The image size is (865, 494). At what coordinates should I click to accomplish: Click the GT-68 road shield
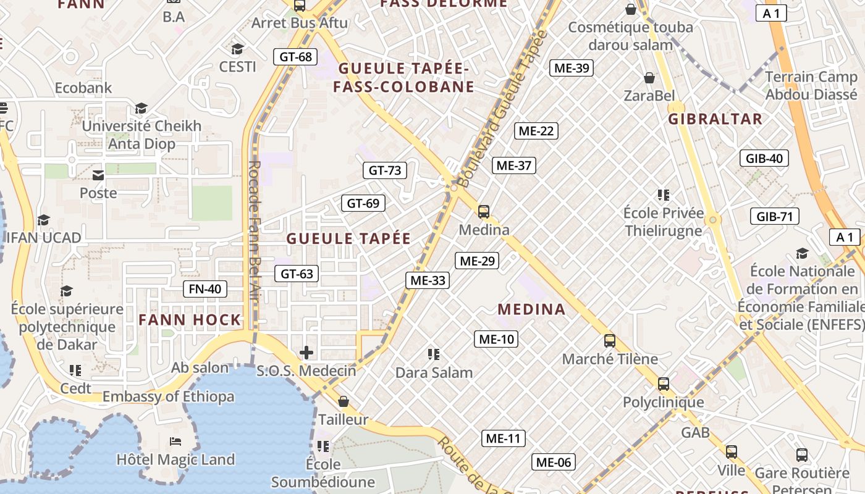295,57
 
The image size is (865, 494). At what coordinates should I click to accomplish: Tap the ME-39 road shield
572,68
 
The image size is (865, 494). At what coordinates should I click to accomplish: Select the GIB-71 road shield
774,216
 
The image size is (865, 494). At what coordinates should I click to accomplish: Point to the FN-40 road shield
205,288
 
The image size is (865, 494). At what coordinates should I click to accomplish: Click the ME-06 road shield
554,462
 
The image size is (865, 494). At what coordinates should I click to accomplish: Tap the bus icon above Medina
484,212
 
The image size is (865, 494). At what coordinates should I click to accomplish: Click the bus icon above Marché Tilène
610,340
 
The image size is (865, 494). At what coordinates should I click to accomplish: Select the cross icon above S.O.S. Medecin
306,353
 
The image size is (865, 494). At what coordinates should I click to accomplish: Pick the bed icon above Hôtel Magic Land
175,442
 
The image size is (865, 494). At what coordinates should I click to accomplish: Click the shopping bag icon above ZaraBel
649,78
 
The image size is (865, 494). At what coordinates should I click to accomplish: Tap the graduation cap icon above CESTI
237,49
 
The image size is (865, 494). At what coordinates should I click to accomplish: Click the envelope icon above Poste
98,175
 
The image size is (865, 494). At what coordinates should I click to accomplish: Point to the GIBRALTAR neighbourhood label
715,119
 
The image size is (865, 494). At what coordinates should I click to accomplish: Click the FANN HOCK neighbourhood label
190,320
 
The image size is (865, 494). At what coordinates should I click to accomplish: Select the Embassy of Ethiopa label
168,396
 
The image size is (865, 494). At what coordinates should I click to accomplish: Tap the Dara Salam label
434,372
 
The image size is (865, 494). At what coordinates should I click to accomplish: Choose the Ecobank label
83,88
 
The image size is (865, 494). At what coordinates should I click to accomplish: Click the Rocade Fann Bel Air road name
255,238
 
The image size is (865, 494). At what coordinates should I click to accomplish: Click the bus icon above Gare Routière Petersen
802,455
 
